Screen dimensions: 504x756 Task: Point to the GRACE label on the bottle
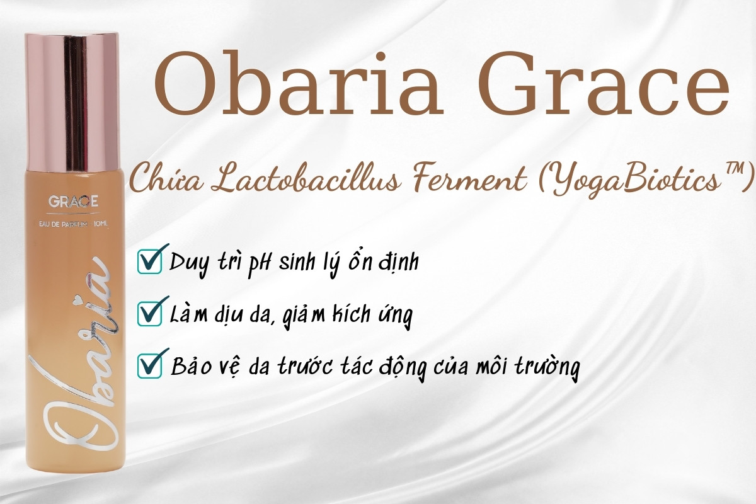pyautogui.click(x=73, y=203)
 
